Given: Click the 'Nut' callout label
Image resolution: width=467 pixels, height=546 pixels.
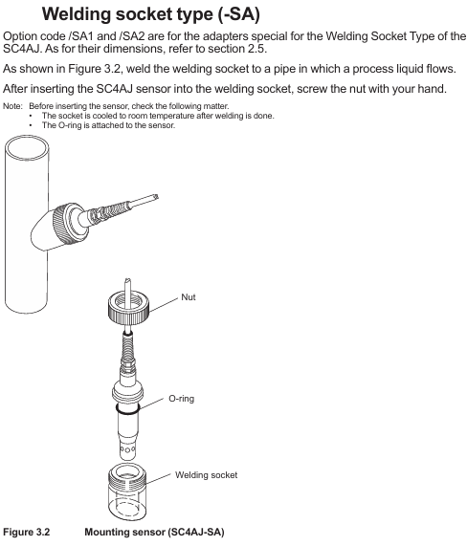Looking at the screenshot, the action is pos(189,297).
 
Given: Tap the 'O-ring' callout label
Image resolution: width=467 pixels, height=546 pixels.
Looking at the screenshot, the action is pos(181,399).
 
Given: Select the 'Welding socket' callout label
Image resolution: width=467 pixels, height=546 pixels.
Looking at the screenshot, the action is pos(207,475).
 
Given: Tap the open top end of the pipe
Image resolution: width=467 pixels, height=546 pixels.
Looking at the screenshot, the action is pos(27,148).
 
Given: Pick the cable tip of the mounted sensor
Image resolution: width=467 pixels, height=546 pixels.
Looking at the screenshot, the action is pos(155,197).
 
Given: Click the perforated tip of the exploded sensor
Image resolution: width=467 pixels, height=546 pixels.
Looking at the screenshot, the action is pos(127,449).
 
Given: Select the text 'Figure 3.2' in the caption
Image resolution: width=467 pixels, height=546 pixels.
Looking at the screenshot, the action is pos(27,532).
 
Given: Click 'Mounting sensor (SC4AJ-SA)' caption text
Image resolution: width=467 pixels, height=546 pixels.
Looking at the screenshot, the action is pos(154,532).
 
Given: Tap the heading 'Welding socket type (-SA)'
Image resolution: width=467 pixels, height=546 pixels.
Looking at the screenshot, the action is pos(151,14).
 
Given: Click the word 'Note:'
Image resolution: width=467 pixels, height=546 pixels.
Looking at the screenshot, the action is pos(12,106).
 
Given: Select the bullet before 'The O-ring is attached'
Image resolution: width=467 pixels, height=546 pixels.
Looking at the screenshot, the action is pos(31,125).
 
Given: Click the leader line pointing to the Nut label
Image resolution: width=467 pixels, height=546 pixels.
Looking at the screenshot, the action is pos(164,305).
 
